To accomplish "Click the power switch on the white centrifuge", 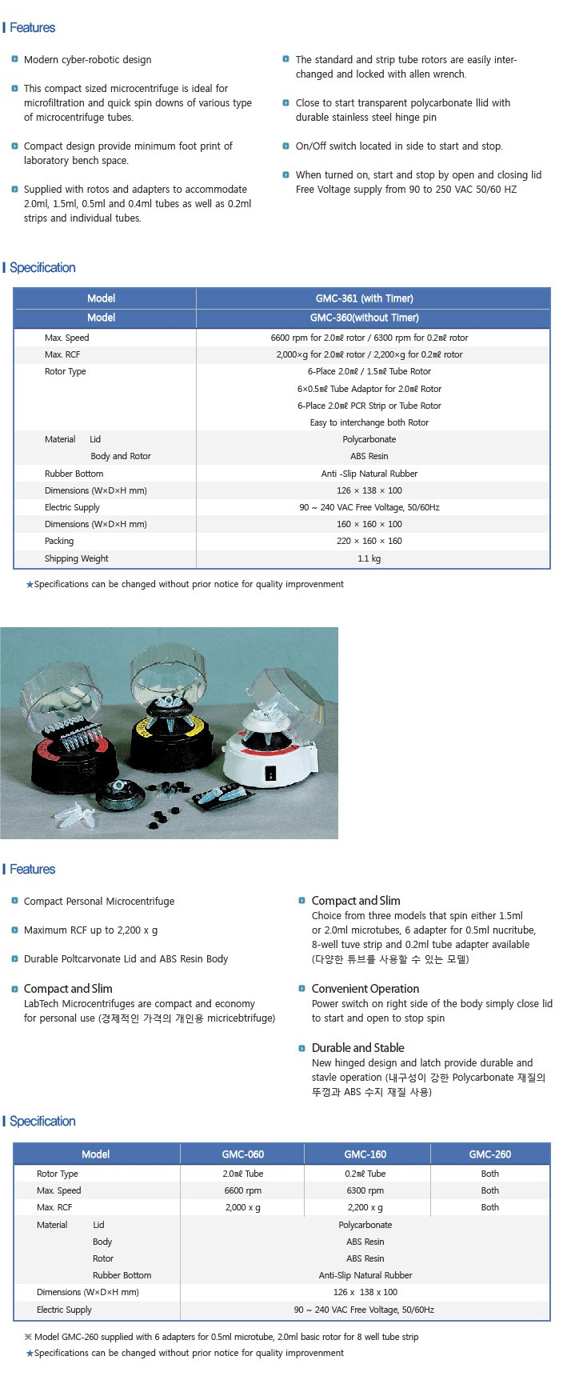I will [270, 774].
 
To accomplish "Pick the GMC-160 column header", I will [365, 1154].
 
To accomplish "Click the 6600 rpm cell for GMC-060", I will [242, 1190].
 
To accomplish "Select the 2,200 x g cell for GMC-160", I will [365, 1207].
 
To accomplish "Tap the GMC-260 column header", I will [489, 1154].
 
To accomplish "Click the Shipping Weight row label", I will [76, 558].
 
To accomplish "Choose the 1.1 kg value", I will [369, 558].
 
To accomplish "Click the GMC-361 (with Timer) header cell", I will [365, 298].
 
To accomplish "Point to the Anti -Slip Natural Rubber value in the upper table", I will [369, 474].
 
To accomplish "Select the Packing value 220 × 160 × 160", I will [369, 541].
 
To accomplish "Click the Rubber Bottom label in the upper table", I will [74, 474].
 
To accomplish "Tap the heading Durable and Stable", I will [357, 1048].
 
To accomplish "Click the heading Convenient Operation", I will [365, 989].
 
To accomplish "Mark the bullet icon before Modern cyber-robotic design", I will [14, 59].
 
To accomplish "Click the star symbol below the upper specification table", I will [30, 585].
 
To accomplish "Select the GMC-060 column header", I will [242, 1154].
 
